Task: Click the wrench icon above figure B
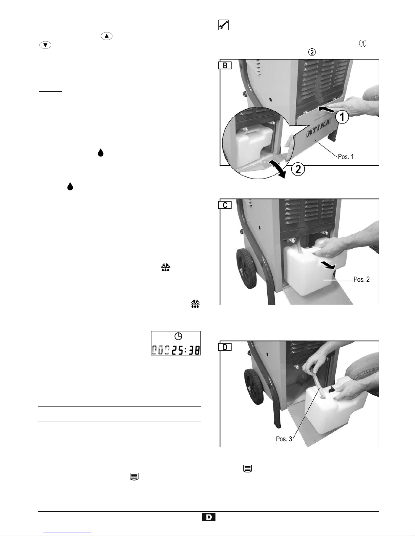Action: pos(223,25)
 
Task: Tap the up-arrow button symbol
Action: pos(106,36)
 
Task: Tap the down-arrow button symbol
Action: pos(45,45)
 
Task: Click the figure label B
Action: pos(225,65)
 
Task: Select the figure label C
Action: pos(225,205)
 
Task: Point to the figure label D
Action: pos(225,347)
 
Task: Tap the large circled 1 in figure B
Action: pos(342,117)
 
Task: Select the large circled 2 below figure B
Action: pos(298,169)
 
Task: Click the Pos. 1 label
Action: pos(346,157)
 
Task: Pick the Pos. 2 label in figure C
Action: pos(361,279)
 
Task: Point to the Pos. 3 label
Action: pos(284,439)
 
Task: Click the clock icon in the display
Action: pos(178,336)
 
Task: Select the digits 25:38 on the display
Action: pos(186,350)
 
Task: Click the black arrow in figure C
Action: pos(328,265)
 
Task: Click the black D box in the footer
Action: pos(209,517)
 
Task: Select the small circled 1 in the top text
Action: pos(362,43)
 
